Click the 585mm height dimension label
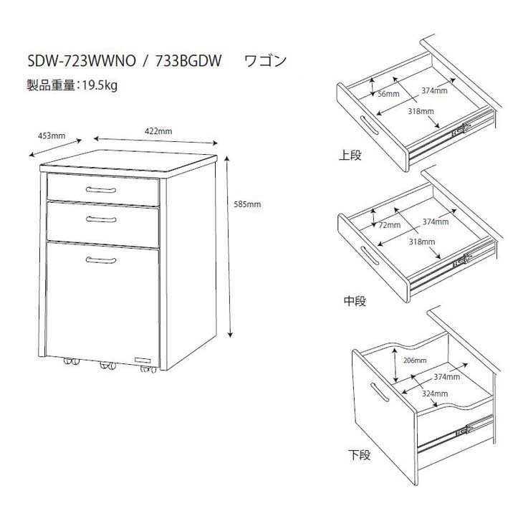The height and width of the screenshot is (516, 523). pos(247,204)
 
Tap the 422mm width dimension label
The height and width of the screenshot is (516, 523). pos(158,131)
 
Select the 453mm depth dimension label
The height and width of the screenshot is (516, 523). pos(52,135)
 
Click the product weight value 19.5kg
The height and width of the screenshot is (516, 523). pos(100,86)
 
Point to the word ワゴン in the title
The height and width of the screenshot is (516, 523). pos(266,61)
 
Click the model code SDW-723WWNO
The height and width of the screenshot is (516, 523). pos(82,61)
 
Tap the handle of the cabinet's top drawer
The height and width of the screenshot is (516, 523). pos(101,190)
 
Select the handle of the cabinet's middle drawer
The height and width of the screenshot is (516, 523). pos(101,219)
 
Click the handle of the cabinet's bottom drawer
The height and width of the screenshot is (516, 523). pos(101,260)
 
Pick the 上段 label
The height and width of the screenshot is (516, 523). pos(350,155)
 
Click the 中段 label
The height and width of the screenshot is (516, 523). pos(355,301)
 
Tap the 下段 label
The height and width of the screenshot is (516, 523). pos(360,454)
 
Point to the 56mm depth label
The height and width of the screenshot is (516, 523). pos(388,94)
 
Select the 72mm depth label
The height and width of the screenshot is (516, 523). pos(390,225)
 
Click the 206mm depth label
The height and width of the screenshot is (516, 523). pos(415,360)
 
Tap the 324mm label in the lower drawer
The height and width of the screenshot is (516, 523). pos(435,393)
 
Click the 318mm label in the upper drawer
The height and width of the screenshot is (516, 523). pos(421,111)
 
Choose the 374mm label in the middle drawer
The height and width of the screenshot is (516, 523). pos(436,221)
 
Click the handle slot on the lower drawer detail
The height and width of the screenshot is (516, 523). pos(380,392)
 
